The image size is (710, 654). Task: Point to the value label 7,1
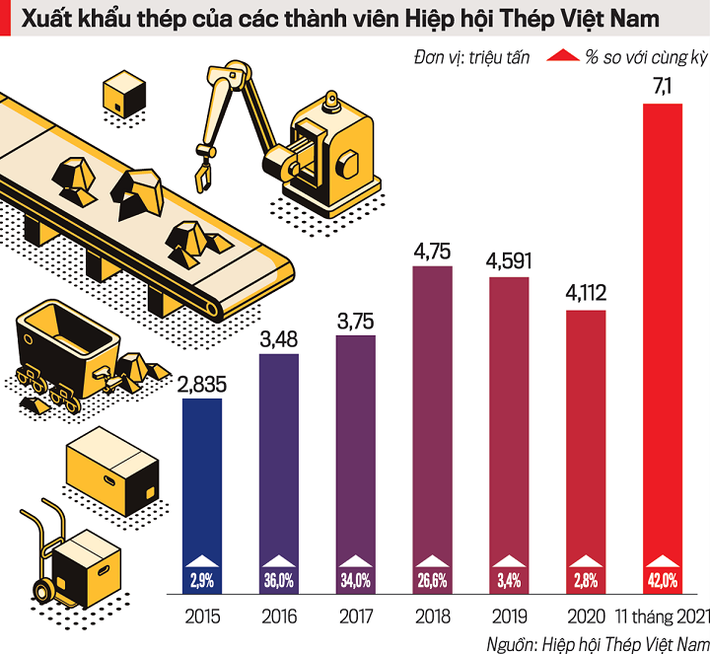point(663,89)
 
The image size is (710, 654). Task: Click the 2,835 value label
point(201,383)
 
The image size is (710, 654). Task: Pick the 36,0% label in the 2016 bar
point(278,580)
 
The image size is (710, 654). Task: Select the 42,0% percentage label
point(663,580)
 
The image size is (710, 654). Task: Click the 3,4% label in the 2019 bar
point(509,580)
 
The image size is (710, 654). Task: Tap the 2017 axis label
point(356,618)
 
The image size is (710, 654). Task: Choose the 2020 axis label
point(586,618)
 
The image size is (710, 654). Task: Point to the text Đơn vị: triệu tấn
point(472,57)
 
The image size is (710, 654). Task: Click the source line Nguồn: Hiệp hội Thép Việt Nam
point(597,642)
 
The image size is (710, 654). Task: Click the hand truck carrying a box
point(64,552)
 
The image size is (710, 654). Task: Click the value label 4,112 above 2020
point(586,294)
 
